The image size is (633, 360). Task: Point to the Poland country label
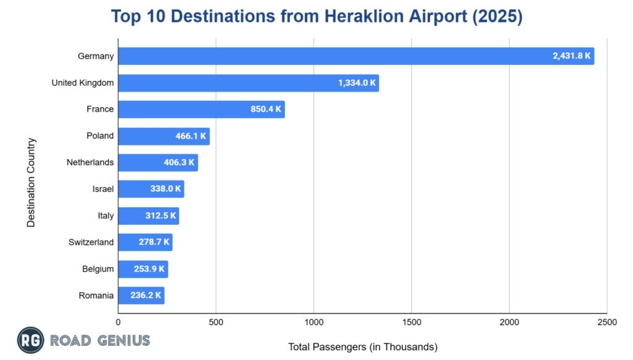tap(100, 136)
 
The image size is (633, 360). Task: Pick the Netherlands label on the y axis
tap(90, 163)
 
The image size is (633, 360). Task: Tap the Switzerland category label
tap(91, 242)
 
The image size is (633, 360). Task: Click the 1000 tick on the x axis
tap(313, 322)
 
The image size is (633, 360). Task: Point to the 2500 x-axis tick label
tap(606, 322)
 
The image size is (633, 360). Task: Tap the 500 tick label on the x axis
tap(216, 322)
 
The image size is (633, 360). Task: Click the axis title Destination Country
tap(31, 182)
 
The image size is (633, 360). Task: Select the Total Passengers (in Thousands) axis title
tap(363, 347)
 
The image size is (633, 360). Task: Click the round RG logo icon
tap(30, 341)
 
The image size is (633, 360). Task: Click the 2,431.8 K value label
tap(572, 56)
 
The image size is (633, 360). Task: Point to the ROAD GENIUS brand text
tap(100, 341)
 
